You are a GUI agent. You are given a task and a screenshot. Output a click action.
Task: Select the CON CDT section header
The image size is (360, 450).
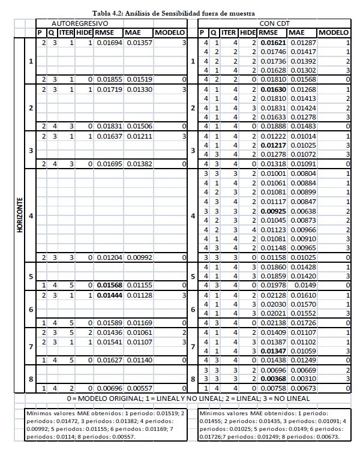tap(275, 23)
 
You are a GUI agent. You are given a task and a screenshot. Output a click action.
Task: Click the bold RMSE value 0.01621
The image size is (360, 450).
tap(272, 44)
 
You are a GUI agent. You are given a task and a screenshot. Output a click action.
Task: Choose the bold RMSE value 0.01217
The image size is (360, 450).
tap(272, 145)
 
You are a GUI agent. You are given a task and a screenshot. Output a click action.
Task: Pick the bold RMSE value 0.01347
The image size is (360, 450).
tap(272, 350)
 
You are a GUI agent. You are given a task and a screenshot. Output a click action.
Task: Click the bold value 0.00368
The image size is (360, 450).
tap(272, 379)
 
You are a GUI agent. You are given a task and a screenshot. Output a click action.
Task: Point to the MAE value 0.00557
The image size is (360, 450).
tap(139, 388)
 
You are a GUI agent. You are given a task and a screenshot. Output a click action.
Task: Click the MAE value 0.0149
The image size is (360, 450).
tap(303, 285)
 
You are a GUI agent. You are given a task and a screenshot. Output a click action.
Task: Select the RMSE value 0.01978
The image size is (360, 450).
tap(272, 285)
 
